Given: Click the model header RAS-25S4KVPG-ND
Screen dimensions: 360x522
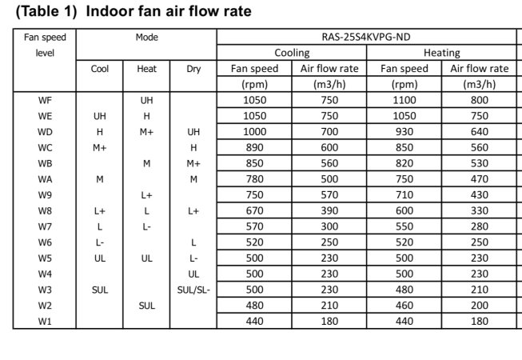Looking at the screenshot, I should pyautogui.click(x=368, y=37).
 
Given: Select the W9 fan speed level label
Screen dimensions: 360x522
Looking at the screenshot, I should pyautogui.click(x=45, y=195).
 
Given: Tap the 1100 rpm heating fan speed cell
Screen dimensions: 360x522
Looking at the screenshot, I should pyautogui.click(x=404, y=100).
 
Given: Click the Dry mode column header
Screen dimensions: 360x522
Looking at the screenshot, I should pyautogui.click(x=193, y=69).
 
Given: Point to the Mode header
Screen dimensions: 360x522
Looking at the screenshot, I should pyautogui.click(x=147, y=37).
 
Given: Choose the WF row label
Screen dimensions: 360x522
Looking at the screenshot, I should pyautogui.click(x=45, y=100).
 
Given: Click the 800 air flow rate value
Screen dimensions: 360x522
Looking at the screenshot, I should pyautogui.click(x=480, y=100).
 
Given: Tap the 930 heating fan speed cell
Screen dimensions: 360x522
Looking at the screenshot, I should pyautogui.click(x=404, y=132).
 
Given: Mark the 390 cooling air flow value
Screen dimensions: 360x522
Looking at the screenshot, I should pyautogui.click(x=329, y=211).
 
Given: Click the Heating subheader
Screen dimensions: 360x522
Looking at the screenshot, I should pyautogui.click(x=441, y=53).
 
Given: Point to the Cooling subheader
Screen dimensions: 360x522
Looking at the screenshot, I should pyautogui.click(x=292, y=53).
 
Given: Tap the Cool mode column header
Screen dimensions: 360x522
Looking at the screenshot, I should pyautogui.click(x=100, y=69).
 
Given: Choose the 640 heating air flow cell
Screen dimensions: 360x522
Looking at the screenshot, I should pyautogui.click(x=480, y=132).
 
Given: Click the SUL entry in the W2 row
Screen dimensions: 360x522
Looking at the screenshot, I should pyautogui.click(x=147, y=306).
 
